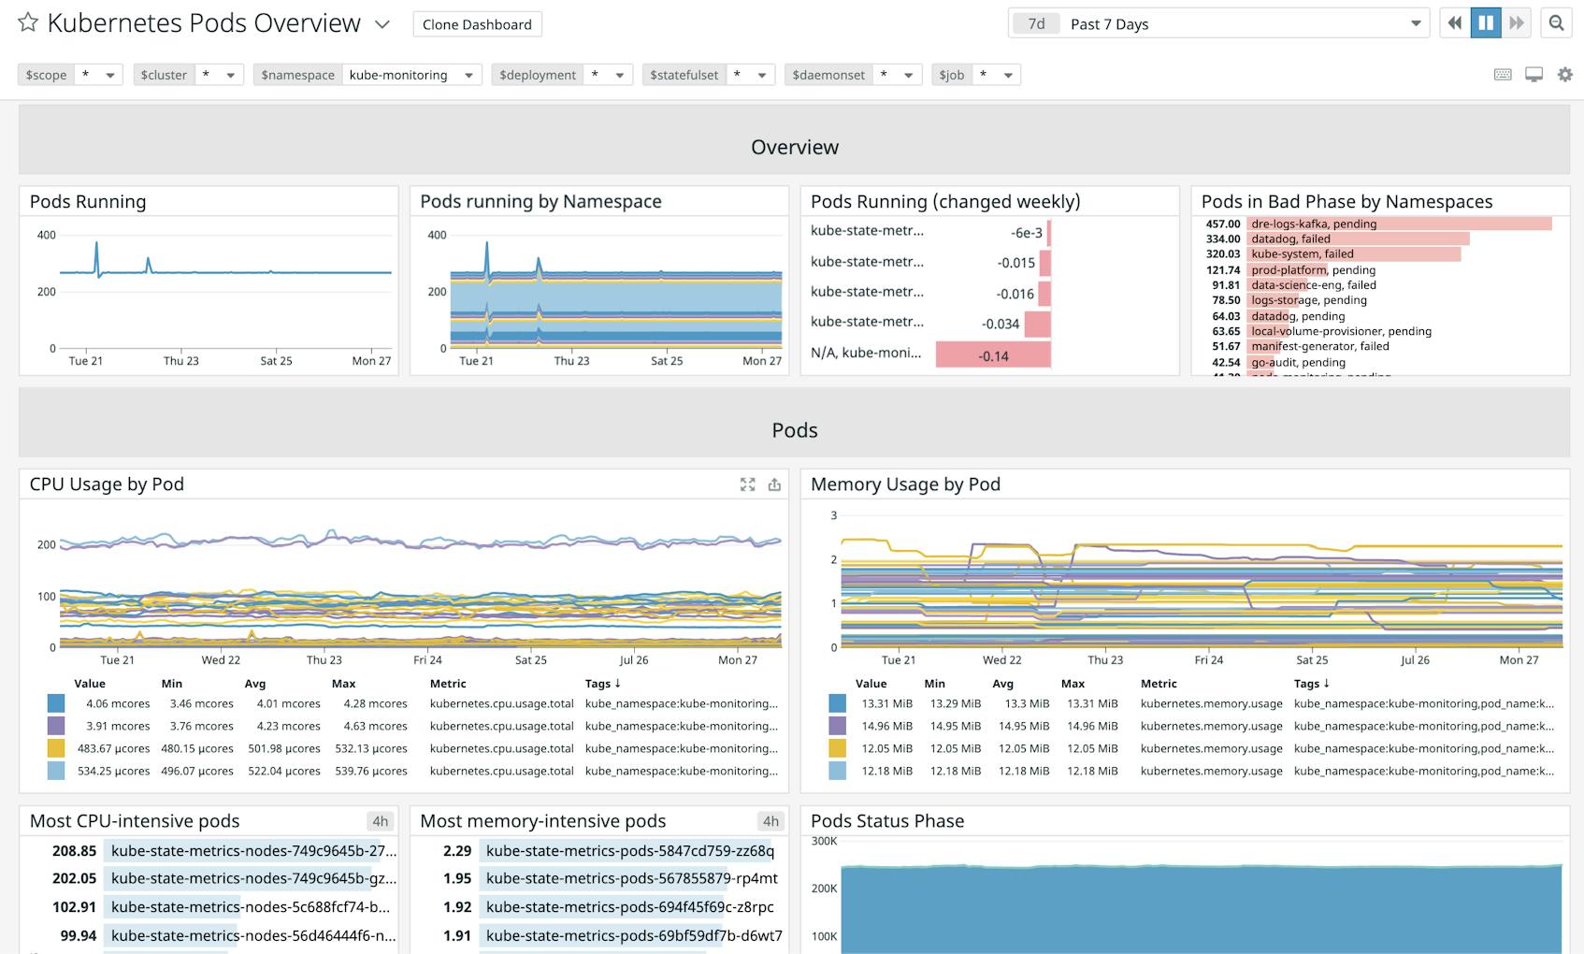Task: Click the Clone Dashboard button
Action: coord(477,24)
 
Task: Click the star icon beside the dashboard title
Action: coord(28,22)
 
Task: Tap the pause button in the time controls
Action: coord(1485,23)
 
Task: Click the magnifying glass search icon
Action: coord(1556,23)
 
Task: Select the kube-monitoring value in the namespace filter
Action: coord(398,75)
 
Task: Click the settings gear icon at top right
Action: coord(1564,75)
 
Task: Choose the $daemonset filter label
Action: coord(828,75)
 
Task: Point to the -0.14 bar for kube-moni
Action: coord(993,355)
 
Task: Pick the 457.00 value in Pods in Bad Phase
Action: coord(1223,224)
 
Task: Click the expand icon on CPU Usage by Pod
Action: coord(747,484)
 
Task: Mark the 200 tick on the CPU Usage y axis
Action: coord(47,544)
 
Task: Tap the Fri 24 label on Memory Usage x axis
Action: coord(1208,660)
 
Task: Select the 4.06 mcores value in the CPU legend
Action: coord(118,703)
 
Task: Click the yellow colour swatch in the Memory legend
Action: coord(837,748)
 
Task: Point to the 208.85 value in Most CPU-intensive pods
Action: coord(75,851)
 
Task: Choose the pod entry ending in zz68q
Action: coord(629,851)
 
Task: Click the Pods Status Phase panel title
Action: coord(886,821)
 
